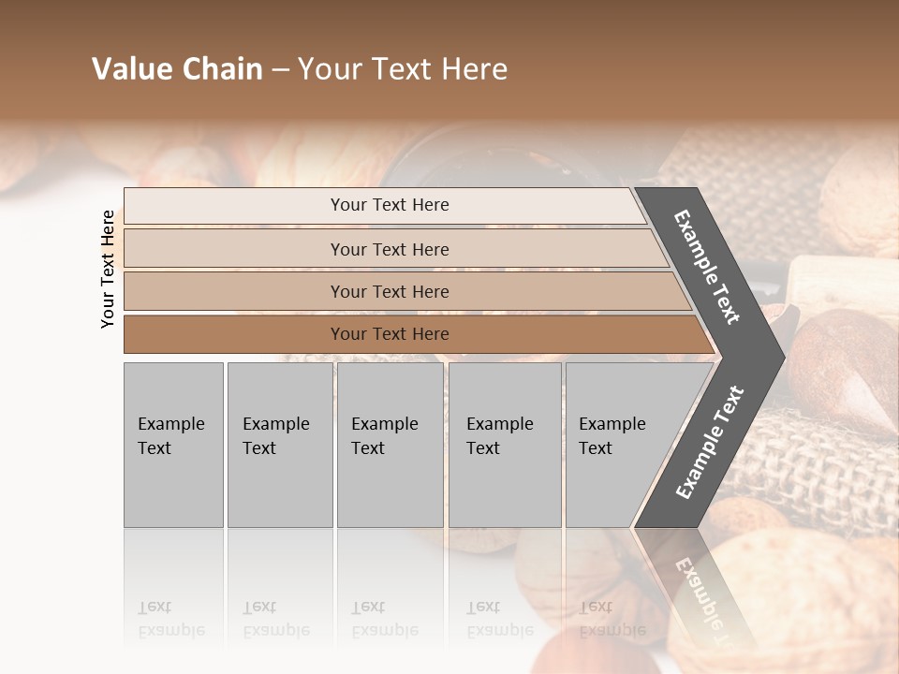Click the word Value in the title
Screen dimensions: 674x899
tap(130, 69)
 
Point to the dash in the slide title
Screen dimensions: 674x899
tap(280, 69)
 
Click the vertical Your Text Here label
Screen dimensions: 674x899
tap(108, 269)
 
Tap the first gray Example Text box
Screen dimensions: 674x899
tap(173, 445)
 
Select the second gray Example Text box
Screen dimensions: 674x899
tap(279, 445)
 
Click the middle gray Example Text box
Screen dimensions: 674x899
tap(390, 445)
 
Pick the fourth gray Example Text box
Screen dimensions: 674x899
tap(505, 445)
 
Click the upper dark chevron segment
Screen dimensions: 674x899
tap(709, 267)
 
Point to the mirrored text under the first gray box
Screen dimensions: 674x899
tap(171, 619)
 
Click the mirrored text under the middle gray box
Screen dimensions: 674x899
tap(385, 619)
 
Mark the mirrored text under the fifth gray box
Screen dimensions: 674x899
tap(612, 619)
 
